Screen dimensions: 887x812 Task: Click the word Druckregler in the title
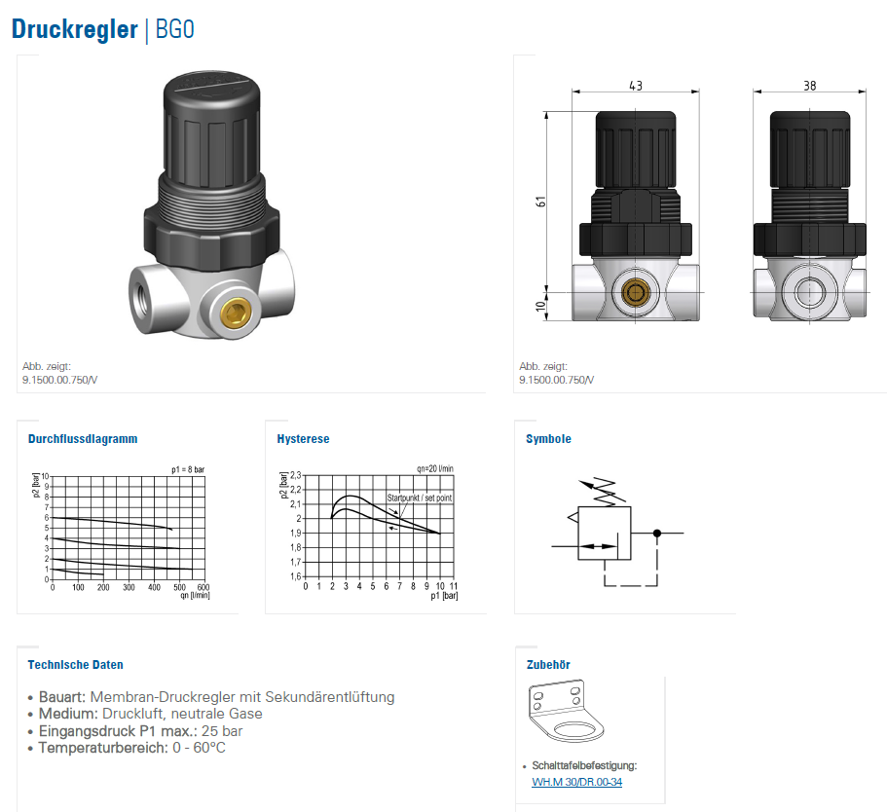pyautogui.click(x=75, y=29)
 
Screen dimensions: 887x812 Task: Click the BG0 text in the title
pyautogui.click(x=175, y=29)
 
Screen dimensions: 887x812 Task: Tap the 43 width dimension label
pyautogui.click(x=636, y=86)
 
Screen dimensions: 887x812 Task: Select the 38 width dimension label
pyautogui.click(x=810, y=86)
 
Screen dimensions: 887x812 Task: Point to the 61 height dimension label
pyautogui.click(x=540, y=202)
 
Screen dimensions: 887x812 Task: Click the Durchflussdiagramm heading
pyautogui.click(x=83, y=439)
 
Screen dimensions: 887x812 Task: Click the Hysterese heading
pyautogui.click(x=303, y=439)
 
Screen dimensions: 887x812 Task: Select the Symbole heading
pyautogui.click(x=549, y=439)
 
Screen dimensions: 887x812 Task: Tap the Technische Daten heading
pyautogui.click(x=75, y=665)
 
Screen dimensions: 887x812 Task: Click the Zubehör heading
pyautogui.click(x=548, y=665)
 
